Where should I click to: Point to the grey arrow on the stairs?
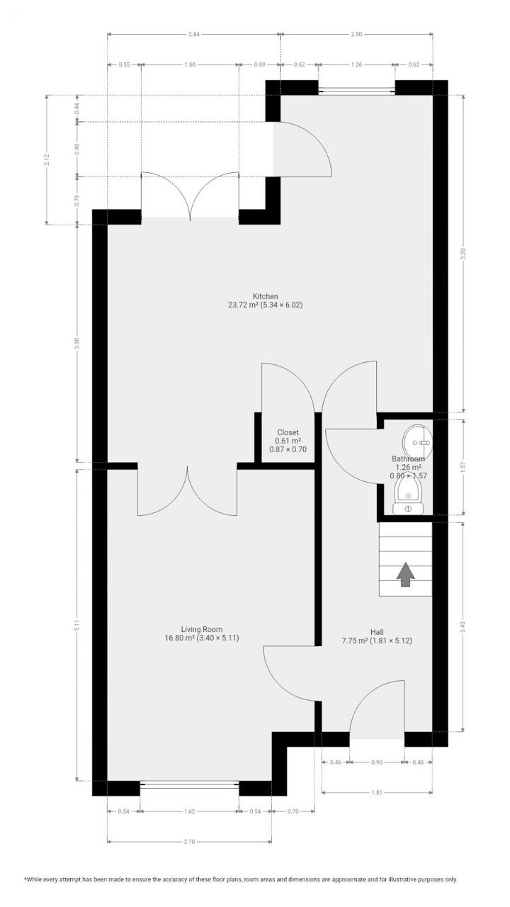(x=405, y=574)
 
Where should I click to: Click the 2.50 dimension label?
(x=357, y=34)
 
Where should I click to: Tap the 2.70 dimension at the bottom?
(x=189, y=842)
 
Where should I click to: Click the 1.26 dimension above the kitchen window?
(x=357, y=64)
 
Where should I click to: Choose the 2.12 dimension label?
(x=46, y=159)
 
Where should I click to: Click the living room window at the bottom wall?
(x=189, y=784)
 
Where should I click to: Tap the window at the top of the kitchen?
(x=356, y=91)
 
